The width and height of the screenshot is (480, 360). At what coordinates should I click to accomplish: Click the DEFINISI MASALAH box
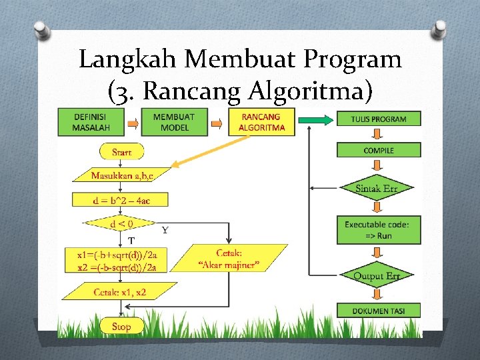pos(93,122)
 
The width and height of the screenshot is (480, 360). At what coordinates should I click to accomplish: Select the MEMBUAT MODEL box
pos(174,122)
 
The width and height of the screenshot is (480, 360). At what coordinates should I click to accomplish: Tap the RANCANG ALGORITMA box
pos(261,122)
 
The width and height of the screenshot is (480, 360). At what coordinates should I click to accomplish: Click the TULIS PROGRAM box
pos(379,119)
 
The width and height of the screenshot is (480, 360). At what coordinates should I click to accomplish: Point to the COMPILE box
pos(379,151)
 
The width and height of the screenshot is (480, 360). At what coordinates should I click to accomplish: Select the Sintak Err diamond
pos(377,189)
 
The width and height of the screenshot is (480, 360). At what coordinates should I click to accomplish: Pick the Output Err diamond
pos(377,276)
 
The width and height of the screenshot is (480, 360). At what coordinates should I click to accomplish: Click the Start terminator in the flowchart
pos(121,152)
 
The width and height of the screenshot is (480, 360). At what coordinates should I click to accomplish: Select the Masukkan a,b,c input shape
pos(121,175)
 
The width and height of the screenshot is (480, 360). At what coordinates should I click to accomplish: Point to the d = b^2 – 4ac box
pos(121,199)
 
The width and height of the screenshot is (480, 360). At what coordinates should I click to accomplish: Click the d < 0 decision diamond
pos(121,224)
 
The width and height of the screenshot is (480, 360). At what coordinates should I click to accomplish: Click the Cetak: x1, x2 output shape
pos(121,291)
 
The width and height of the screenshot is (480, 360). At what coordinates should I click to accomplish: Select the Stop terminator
pos(121,326)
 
